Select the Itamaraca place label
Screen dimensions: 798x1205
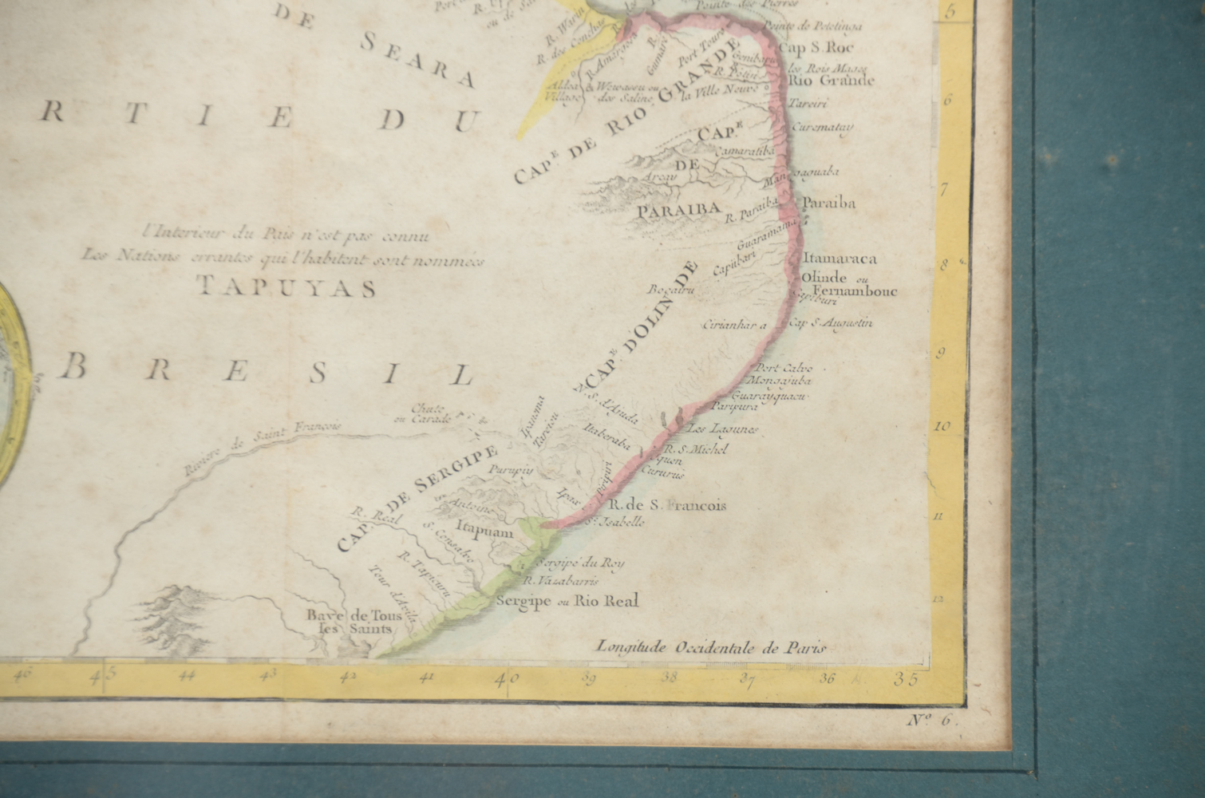pyautogui.click(x=840, y=259)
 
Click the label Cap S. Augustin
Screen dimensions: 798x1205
pyautogui.click(x=831, y=323)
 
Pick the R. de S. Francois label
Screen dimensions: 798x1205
pyautogui.click(x=667, y=505)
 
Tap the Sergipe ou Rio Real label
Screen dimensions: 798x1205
pyautogui.click(x=567, y=601)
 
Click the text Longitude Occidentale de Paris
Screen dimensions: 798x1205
pyautogui.click(x=711, y=648)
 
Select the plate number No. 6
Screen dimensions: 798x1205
pyautogui.click(x=930, y=720)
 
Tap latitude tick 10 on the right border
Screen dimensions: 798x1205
pyautogui.click(x=942, y=427)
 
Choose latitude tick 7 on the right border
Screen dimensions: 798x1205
pyautogui.click(x=944, y=190)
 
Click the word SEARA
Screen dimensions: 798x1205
pyautogui.click(x=418, y=57)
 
